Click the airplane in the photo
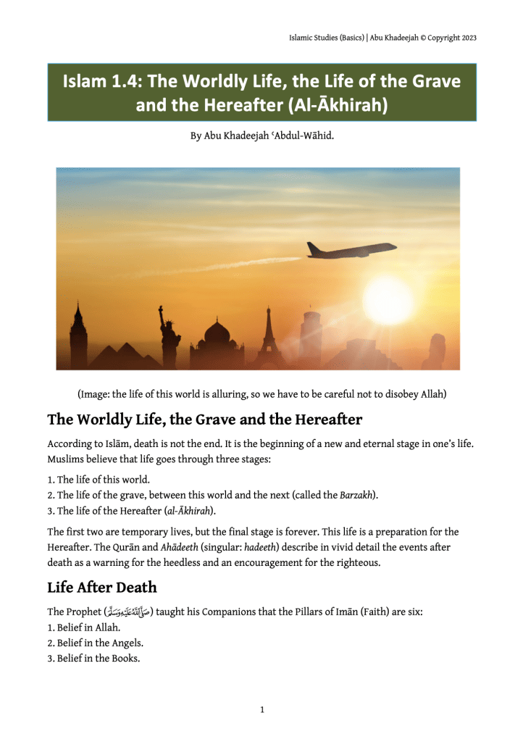point(351,250)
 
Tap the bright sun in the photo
point(388,298)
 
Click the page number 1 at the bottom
point(261,710)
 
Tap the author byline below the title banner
point(261,136)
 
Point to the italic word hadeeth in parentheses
point(261,549)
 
